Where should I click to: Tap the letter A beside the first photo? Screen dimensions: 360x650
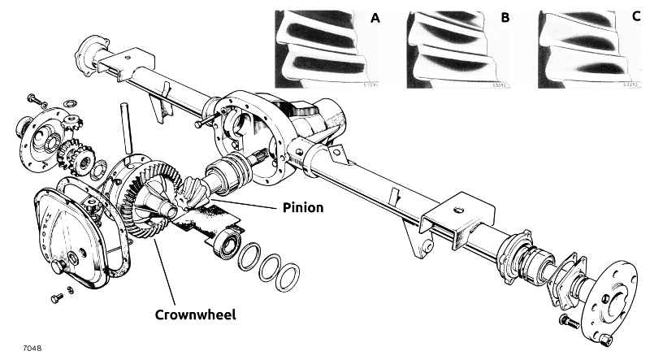coord(375,17)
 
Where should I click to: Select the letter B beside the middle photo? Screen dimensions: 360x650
coord(505,17)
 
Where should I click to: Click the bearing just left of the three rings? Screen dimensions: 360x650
coord(225,243)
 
